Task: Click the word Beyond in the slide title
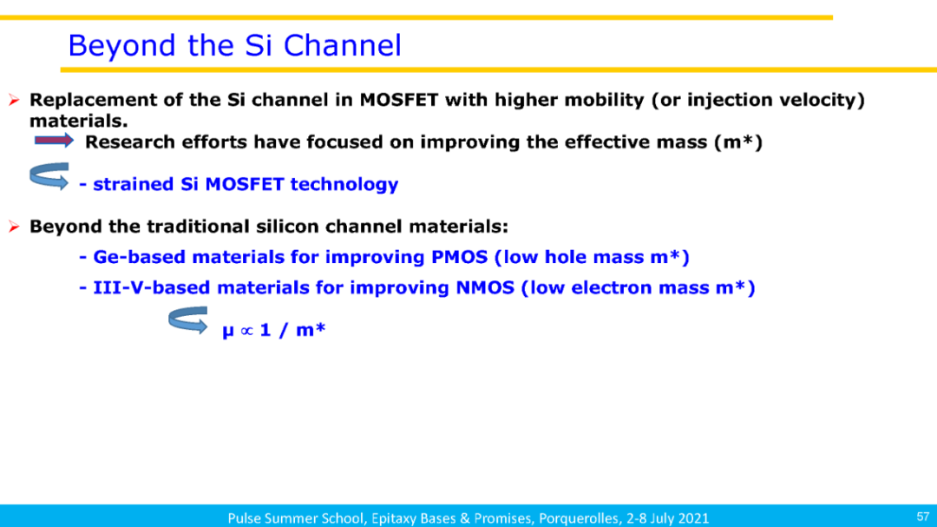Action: point(122,46)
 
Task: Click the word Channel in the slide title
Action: point(342,45)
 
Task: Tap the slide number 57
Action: point(922,517)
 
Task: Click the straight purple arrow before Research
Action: point(54,141)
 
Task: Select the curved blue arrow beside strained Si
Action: point(49,176)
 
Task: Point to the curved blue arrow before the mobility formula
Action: point(187,319)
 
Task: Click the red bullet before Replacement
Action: point(15,100)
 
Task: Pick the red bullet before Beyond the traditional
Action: point(15,227)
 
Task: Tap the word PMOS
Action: point(459,257)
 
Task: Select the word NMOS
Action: point(485,287)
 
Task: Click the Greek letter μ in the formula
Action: point(227,331)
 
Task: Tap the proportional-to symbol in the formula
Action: point(246,330)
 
